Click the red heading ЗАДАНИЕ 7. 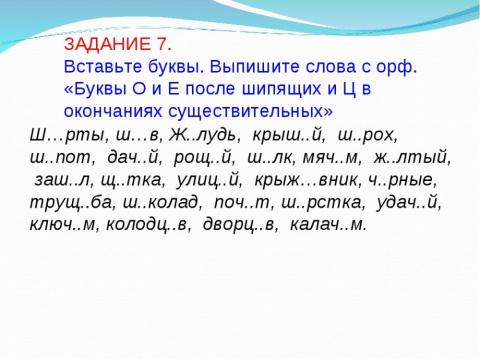[x=118, y=46]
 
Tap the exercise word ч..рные [x=405, y=179]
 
